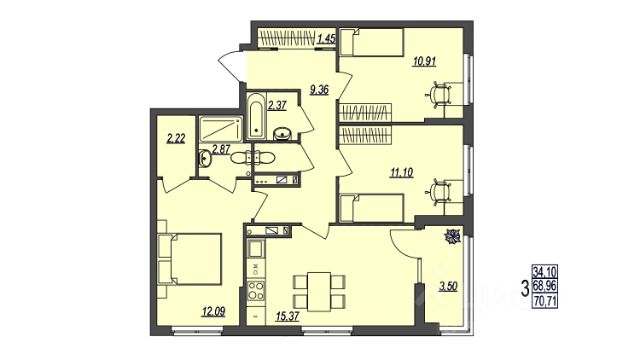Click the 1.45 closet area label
tap(326, 39)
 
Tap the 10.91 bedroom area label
tap(424, 62)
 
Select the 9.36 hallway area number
tap(319, 90)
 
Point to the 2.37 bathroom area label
tap(277, 106)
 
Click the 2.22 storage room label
tap(176, 139)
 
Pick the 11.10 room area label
tap(402, 173)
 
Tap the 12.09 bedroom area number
tap(213, 313)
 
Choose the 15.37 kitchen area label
tap(287, 316)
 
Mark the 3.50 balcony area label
tap(448, 287)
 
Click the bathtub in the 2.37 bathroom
tap(256, 116)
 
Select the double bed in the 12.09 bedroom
tap(190, 259)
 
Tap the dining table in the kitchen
tap(319, 291)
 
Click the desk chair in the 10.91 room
tap(439, 94)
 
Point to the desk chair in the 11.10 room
tap(439, 191)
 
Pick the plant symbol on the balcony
tap(452, 237)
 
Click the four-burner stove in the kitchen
tap(256, 290)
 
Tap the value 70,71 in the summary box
tap(544, 302)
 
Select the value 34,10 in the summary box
tap(544, 271)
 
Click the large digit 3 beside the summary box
tap(525, 287)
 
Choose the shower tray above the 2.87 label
tap(220, 129)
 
